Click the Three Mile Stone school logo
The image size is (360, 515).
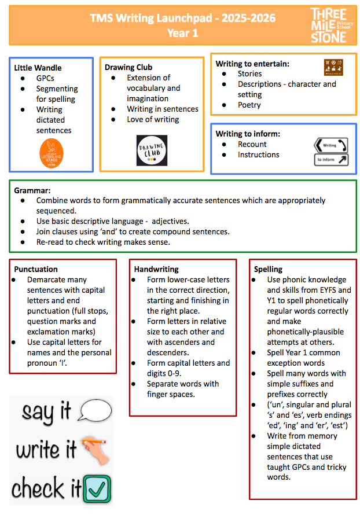pyautogui.click(x=328, y=25)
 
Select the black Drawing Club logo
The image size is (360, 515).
pyautogui.click(x=152, y=149)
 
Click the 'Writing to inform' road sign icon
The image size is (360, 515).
pyautogui.click(x=330, y=152)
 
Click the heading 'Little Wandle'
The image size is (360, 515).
pyautogui.click(x=38, y=68)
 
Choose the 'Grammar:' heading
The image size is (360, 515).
pyautogui.click(x=32, y=190)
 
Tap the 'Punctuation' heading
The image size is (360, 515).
pyautogui.click(x=36, y=269)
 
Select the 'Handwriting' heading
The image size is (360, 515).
pyautogui.click(x=156, y=269)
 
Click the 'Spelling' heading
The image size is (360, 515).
pyautogui.click(x=268, y=269)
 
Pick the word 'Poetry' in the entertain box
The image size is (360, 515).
pyautogui.click(x=249, y=105)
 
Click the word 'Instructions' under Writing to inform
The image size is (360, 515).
pyautogui.click(x=258, y=154)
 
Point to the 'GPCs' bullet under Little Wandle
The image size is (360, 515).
pyautogui.click(x=46, y=78)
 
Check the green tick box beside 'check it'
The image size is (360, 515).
pyautogui.click(x=97, y=488)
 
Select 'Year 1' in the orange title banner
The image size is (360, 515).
pyautogui.click(x=182, y=33)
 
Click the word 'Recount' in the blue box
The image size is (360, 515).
pyautogui.click(x=252, y=144)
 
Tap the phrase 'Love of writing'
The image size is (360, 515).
pyautogui.click(x=153, y=119)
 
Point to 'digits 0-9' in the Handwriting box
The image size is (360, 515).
pyautogui.click(x=159, y=373)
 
